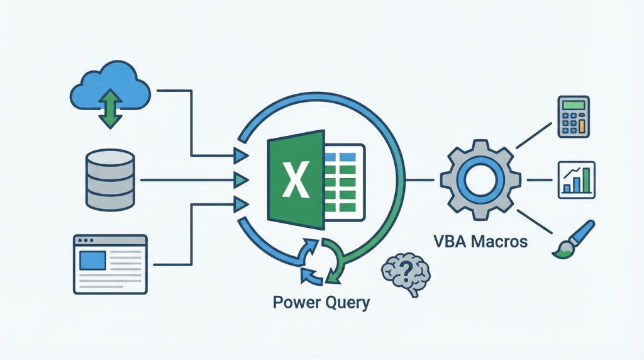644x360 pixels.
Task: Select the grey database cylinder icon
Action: (110, 179)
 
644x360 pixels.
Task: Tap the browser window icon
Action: (110, 264)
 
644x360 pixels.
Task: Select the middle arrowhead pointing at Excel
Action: (240, 180)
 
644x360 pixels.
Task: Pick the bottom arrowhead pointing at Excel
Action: (240, 204)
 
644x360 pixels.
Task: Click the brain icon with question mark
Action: (406, 271)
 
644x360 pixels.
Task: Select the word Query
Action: (345, 303)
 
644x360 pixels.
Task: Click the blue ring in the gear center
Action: (480, 181)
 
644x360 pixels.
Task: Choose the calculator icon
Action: (573, 116)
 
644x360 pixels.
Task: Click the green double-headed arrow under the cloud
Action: (110, 109)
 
